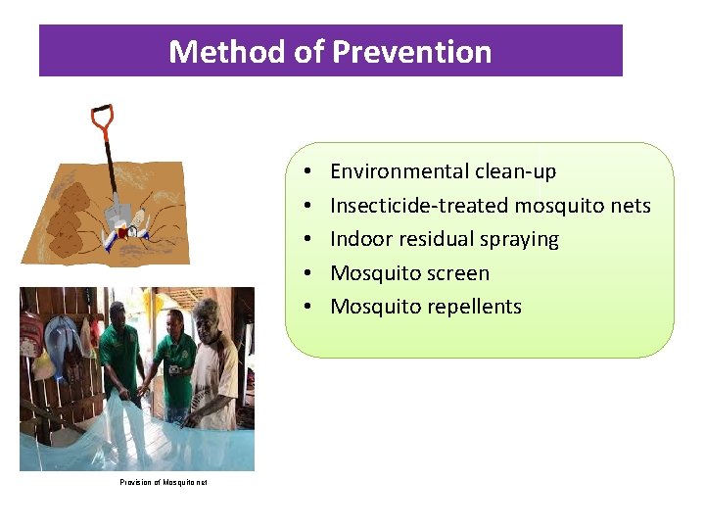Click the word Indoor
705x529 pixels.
click(361, 239)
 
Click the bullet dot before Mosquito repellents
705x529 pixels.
click(306, 307)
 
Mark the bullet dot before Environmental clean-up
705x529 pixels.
click(306, 171)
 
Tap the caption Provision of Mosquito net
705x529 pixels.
click(164, 482)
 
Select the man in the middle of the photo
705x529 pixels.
click(176, 362)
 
